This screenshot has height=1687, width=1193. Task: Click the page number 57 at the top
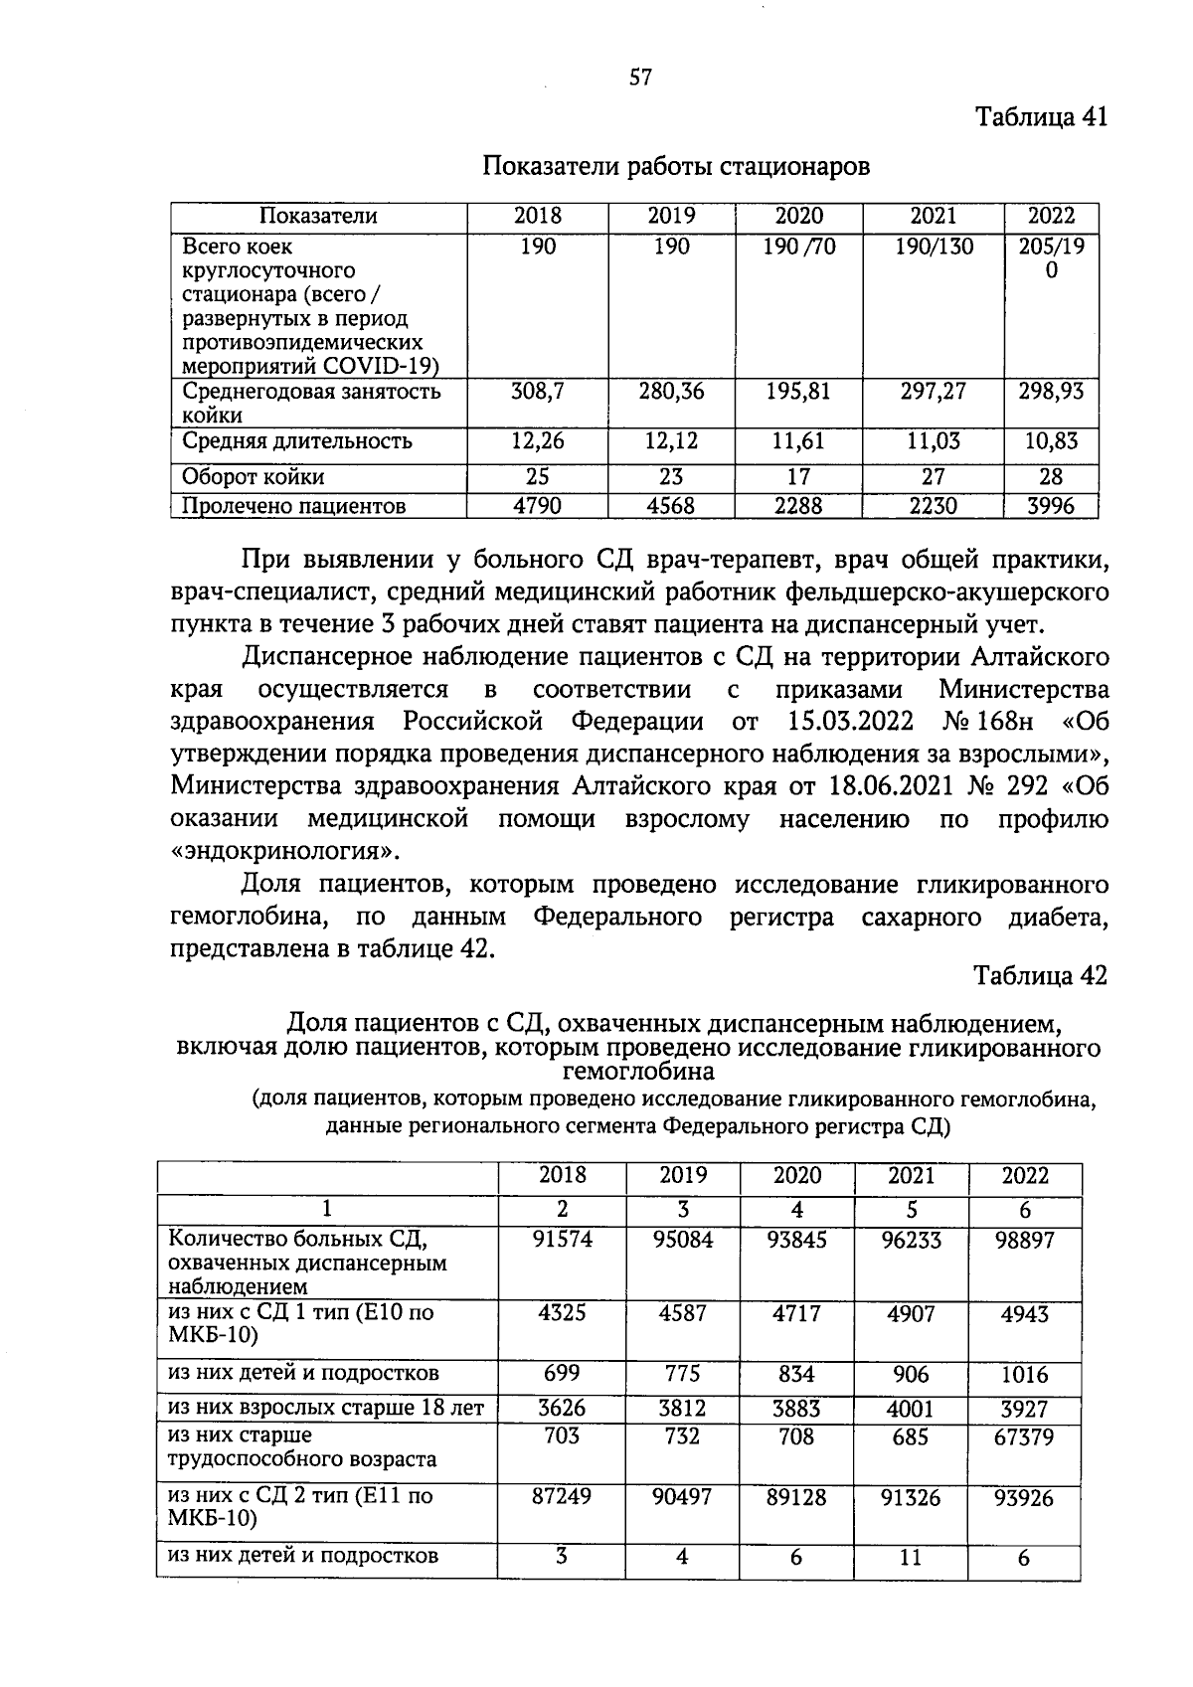(640, 78)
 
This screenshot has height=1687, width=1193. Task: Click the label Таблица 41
(1041, 117)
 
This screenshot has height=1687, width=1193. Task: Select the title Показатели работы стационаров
(676, 166)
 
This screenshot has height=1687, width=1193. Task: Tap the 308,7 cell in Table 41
(538, 392)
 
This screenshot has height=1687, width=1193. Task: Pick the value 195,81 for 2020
(798, 392)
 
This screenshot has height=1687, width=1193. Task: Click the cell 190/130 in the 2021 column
(934, 247)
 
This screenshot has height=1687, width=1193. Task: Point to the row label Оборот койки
(253, 477)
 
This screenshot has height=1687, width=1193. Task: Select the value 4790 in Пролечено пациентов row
(537, 506)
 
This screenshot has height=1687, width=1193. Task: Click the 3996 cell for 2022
(1051, 506)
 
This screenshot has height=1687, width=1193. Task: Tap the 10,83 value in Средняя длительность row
(1051, 441)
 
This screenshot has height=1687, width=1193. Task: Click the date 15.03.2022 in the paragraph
(854, 721)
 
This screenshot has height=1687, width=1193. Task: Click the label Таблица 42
(1041, 975)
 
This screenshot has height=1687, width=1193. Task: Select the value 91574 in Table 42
(562, 1240)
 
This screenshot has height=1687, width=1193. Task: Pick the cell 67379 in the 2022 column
(1024, 1437)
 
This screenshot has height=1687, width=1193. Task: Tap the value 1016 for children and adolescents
(1024, 1376)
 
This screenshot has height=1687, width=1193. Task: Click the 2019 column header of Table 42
(683, 1176)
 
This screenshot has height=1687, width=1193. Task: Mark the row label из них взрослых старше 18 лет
(326, 1408)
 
